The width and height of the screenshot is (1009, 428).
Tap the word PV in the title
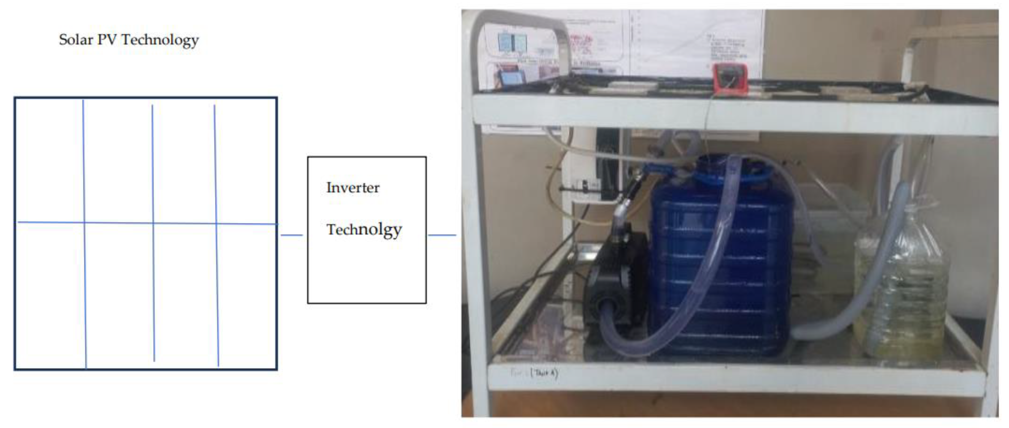107,40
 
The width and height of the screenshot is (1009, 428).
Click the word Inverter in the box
353,188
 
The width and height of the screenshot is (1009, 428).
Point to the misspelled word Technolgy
364,230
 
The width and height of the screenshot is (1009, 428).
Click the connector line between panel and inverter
292,235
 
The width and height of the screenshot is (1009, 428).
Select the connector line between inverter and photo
442,235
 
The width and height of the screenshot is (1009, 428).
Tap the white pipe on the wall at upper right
948,43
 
